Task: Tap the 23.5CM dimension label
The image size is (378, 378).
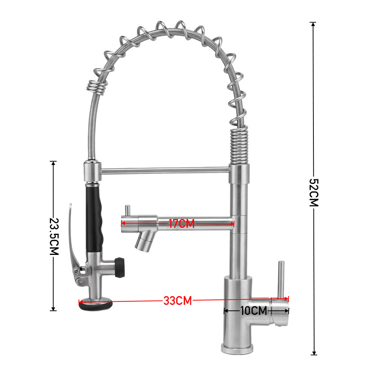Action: tap(54, 237)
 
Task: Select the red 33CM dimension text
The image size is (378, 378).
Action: tap(177, 301)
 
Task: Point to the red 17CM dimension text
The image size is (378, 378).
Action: tap(181, 224)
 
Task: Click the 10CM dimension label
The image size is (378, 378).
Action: tap(253, 311)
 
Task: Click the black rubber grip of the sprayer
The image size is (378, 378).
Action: tap(94, 219)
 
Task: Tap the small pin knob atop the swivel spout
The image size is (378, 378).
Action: tap(128, 210)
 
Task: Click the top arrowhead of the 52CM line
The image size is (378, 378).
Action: tap(313, 25)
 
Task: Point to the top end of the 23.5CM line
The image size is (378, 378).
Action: tap(53, 163)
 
